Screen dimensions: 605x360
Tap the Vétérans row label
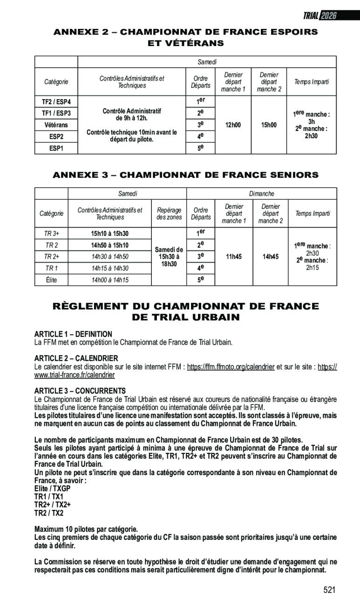pos(56,125)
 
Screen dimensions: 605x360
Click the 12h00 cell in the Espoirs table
pos(233,125)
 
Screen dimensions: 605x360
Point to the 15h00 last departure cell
pos(269,125)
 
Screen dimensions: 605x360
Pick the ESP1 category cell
pos(56,148)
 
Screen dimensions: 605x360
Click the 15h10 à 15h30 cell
pos(109,233)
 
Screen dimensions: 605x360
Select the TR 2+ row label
pos(51,256)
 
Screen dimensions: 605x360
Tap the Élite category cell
pos(51,280)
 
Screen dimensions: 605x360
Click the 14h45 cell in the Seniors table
pos(271,256)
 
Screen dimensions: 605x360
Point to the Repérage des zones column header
pos(169,214)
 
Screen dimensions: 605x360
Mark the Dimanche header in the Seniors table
pos(261,193)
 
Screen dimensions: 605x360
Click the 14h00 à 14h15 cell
pos(109,280)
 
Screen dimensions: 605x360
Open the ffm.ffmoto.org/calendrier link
pos(231,367)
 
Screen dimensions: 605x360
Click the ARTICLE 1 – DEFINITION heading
pos(73,334)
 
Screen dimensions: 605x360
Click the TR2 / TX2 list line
pos(49,513)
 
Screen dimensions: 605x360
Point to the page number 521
pos(329,590)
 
